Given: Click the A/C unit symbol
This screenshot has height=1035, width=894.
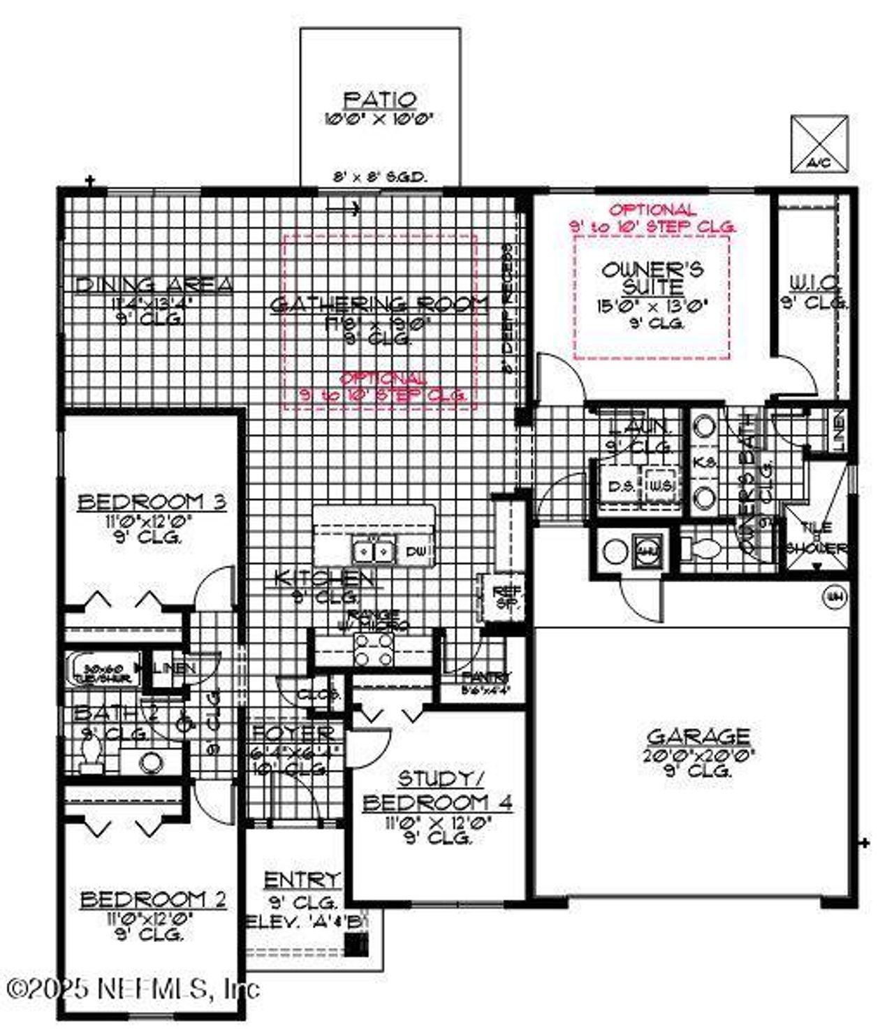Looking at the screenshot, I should tap(819, 144).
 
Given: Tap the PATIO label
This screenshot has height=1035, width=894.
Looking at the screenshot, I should tap(381, 101).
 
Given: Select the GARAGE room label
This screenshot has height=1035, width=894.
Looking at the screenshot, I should tap(698, 736).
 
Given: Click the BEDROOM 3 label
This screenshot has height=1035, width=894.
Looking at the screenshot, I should tap(152, 502).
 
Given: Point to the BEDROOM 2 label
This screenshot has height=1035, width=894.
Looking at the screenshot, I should tap(153, 899).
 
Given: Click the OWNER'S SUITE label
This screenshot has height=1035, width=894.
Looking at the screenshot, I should tap(652, 277).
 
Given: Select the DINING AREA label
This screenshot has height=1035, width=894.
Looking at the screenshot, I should tap(153, 284).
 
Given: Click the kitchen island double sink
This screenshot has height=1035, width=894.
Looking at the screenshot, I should tap(374, 551).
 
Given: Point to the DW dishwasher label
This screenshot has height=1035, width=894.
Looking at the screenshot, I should tap(416, 552).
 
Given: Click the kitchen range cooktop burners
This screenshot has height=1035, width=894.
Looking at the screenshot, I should tap(372, 649).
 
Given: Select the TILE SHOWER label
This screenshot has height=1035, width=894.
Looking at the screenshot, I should tap(816, 540).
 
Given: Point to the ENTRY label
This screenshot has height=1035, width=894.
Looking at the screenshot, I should tap(302, 879).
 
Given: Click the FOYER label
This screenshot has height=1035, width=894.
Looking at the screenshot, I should tap(293, 734).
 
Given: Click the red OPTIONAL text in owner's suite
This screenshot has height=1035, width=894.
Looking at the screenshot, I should tap(652, 210).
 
